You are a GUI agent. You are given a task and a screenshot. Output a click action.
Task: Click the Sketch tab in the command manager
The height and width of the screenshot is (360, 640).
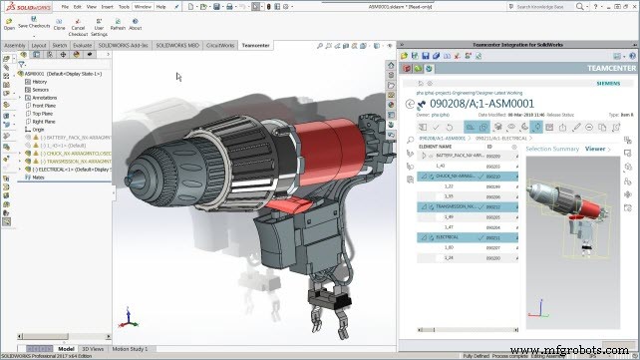click(60, 45)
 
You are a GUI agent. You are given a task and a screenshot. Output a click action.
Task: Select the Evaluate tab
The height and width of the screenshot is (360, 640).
click(83, 45)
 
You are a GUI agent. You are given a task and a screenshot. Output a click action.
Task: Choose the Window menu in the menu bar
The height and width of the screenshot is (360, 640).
click(143, 6)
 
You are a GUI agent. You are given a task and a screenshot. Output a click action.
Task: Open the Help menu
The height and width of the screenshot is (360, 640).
click(161, 6)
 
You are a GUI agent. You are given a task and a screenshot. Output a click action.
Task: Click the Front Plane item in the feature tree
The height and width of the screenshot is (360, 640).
click(44, 106)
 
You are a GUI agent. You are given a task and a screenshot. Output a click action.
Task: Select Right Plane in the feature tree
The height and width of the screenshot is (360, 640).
click(44, 122)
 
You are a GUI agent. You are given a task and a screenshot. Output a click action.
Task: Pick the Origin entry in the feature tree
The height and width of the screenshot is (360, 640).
click(39, 130)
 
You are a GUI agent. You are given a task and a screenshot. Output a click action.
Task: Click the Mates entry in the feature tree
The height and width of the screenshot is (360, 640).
click(38, 178)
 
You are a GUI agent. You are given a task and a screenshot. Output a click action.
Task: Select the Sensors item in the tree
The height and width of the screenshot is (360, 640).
click(41, 90)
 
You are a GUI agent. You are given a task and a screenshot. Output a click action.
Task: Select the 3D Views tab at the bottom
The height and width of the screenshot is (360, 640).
click(92, 348)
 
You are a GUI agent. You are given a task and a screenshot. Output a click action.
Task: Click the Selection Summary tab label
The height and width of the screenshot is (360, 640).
click(552, 149)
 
